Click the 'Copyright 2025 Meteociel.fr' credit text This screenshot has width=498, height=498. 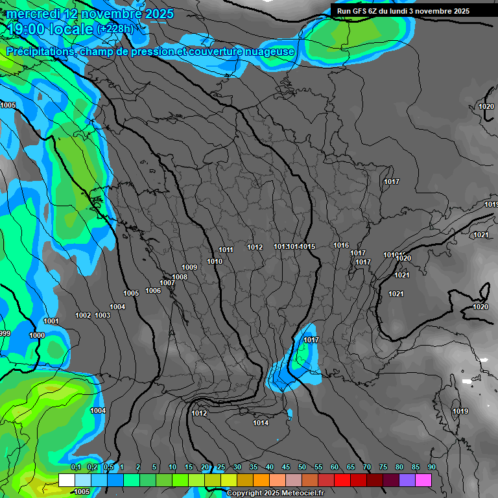[x=275, y=493]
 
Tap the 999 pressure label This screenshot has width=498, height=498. [x=5, y=333]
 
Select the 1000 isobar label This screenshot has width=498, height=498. [x=37, y=335]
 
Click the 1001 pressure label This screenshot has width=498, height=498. [x=51, y=321]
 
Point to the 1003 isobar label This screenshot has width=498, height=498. [x=102, y=315]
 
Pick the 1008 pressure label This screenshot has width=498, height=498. [x=180, y=277]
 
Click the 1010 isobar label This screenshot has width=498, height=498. [x=215, y=261]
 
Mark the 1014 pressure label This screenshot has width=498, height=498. [x=261, y=423]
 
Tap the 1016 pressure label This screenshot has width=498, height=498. [x=341, y=245]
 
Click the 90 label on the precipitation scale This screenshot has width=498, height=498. [x=431, y=467]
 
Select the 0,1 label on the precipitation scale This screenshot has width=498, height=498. [x=75, y=467]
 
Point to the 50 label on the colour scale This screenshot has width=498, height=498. [x=302, y=467]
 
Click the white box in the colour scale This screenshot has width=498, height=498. [x=66, y=480]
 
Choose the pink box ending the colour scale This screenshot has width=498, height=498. [x=423, y=480]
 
